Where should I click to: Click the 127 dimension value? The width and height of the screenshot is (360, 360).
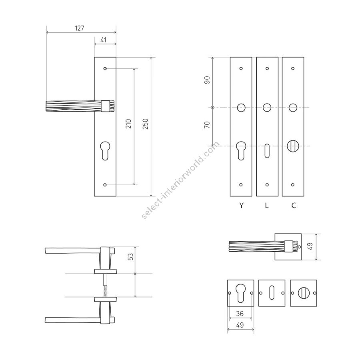pos(80,28)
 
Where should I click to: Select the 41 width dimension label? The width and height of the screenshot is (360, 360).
pos(104,40)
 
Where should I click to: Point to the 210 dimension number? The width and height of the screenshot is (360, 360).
pos(128,124)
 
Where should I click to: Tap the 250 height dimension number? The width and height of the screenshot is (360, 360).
pos(145,124)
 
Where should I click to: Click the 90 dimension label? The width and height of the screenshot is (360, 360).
pos(207,80)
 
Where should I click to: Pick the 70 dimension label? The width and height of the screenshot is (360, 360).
pos(207,125)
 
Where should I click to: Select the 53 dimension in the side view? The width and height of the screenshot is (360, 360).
pos(130,256)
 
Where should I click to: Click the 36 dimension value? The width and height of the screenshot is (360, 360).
pos(240,313)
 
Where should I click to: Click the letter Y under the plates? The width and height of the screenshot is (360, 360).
pos(241,205)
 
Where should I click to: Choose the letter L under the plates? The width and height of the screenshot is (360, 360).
pos(266,205)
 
